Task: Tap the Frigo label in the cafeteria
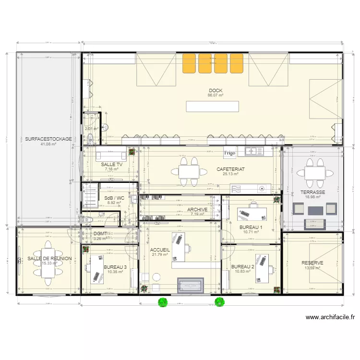click(x=229, y=154)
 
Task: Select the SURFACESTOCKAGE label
click(x=48, y=139)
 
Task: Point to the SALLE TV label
click(x=112, y=165)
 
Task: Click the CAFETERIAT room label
click(x=230, y=169)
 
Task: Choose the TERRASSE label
click(x=313, y=192)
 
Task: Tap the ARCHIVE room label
click(x=197, y=209)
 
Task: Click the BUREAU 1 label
click(x=251, y=227)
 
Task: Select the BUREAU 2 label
click(x=242, y=266)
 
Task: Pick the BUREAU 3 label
click(x=115, y=267)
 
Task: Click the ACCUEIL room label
click(x=160, y=250)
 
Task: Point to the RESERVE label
click(x=312, y=263)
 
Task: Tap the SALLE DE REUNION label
click(x=49, y=258)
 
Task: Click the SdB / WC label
click(x=114, y=198)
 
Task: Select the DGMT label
click(x=101, y=234)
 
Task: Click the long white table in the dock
click(x=212, y=107)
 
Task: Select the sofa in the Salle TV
click(x=111, y=155)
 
